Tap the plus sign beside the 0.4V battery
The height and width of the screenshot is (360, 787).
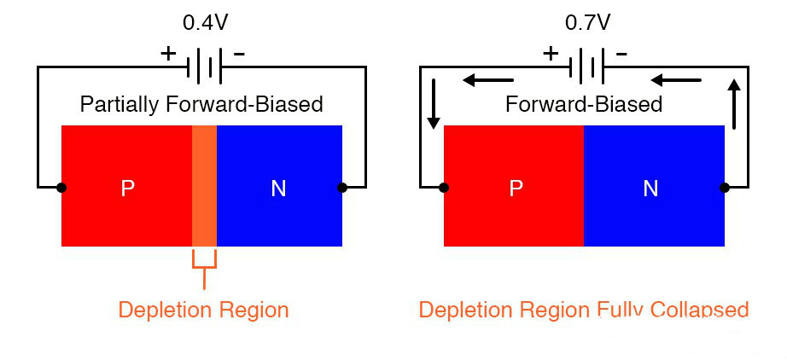(x=168, y=54)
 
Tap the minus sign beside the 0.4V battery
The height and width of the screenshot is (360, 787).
(x=239, y=54)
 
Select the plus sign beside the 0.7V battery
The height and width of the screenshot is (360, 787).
(x=551, y=54)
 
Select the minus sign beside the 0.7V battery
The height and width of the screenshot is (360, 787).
(x=621, y=54)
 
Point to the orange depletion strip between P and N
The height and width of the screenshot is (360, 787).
(x=204, y=186)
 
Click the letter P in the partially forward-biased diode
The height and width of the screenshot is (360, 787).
(x=128, y=189)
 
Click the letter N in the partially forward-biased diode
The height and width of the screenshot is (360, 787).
(x=278, y=189)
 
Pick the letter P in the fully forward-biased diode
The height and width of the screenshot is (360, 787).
(x=516, y=189)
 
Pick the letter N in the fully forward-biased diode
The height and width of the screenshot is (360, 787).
(x=650, y=189)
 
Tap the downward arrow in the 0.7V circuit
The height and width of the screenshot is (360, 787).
(x=433, y=104)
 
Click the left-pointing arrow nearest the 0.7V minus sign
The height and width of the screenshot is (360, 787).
(x=676, y=81)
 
